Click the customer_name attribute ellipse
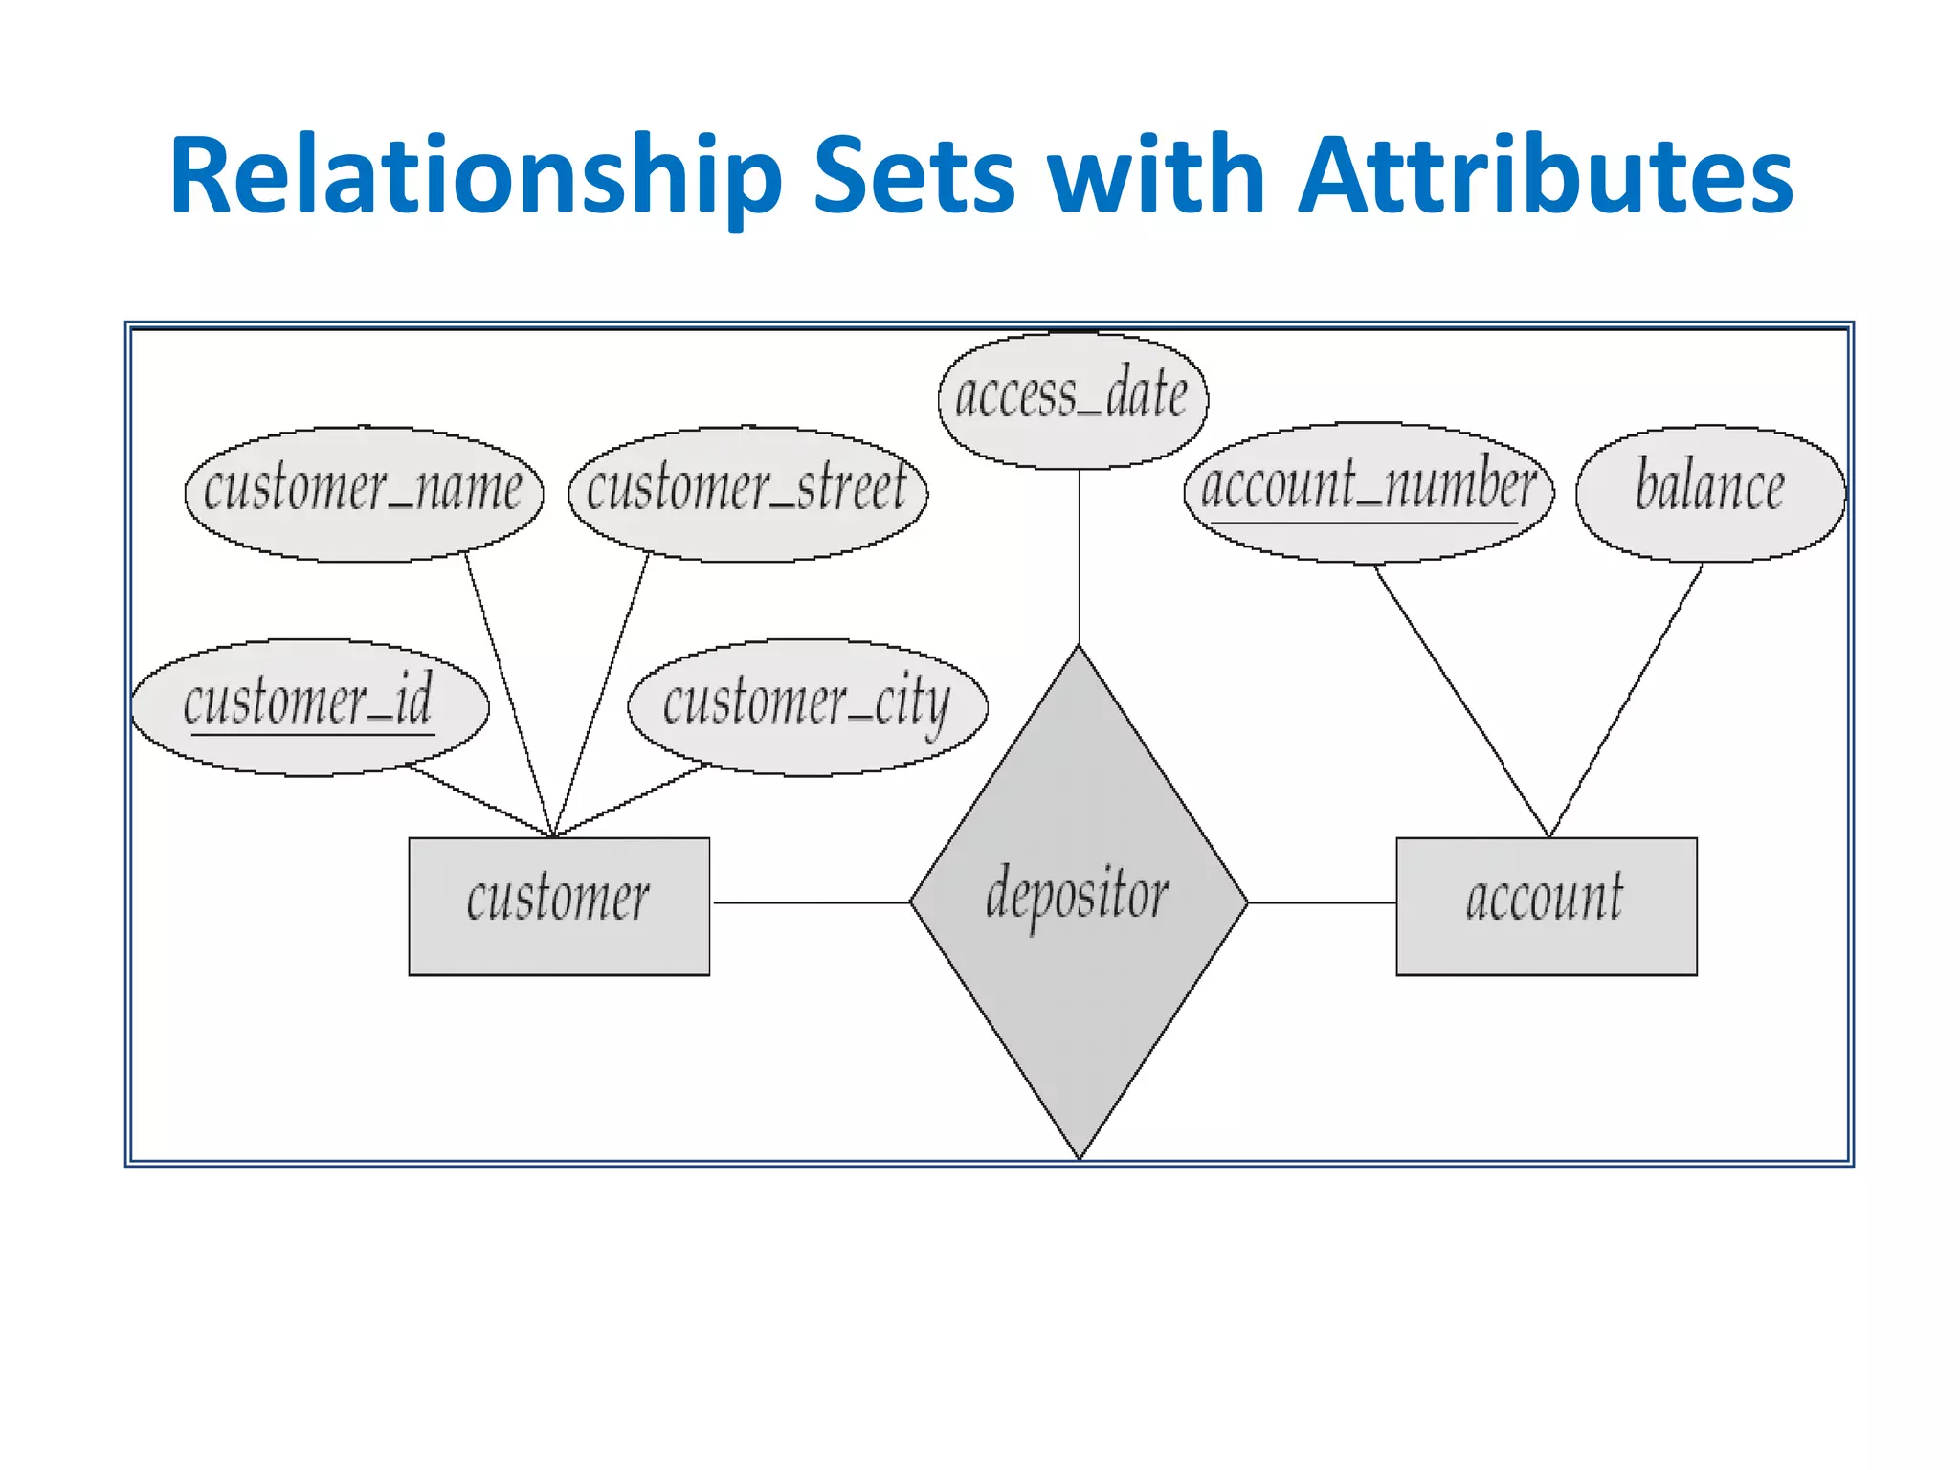(x=364, y=493)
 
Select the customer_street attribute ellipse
(x=747, y=493)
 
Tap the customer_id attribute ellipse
(x=309, y=706)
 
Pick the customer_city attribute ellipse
(x=807, y=706)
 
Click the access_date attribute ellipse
(x=1073, y=400)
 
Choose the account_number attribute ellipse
(x=1369, y=492)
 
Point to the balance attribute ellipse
(x=1710, y=492)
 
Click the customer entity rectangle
(x=559, y=905)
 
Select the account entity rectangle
(x=1546, y=905)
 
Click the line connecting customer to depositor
(x=812, y=902)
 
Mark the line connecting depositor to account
(x=1323, y=902)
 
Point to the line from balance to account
(x=1626, y=700)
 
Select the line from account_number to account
(x=1461, y=700)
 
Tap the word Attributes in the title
(x=1545, y=176)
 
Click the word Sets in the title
(x=914, y=176)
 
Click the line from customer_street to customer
(x=602, y=694)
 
